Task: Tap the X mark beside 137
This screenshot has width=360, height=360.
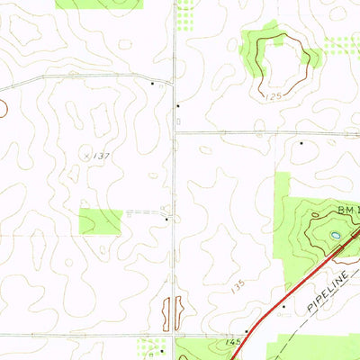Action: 87,155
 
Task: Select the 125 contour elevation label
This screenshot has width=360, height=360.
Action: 275,94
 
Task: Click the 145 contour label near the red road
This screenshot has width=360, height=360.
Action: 234,342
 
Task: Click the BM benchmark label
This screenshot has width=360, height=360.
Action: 347,209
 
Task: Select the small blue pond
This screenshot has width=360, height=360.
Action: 335,236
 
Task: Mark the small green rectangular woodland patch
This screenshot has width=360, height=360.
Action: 100,221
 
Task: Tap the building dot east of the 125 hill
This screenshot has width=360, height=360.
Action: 301,141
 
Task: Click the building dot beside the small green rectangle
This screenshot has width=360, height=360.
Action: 166,218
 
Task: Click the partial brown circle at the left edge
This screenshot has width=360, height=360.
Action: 3,109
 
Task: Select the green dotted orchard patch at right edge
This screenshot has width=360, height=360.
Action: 341,45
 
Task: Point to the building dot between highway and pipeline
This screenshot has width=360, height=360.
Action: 283,306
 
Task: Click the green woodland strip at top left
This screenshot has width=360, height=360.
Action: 99,4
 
